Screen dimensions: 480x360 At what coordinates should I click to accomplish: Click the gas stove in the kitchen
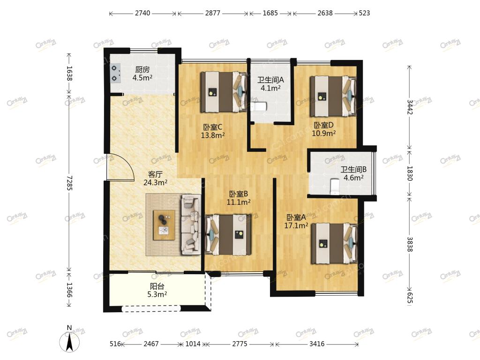pos(115,74)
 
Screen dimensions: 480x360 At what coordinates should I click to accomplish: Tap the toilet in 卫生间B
pos(335,187)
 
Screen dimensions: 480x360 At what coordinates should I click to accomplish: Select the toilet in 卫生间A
pos(259,107)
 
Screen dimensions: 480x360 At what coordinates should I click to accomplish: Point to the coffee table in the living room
pos(165,225)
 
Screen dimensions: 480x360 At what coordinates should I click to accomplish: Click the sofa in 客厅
pos(191,225)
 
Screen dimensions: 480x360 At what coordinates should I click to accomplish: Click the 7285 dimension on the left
pos(70,183)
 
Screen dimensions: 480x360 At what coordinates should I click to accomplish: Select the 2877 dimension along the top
pos(212,13)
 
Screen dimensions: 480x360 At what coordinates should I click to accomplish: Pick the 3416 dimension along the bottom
pos(317,344)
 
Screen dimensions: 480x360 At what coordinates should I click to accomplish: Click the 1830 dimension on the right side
pos(410,173)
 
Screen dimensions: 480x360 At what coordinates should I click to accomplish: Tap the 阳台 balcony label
pos(157,286)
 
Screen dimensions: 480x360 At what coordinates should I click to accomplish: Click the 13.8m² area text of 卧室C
pos(213,135)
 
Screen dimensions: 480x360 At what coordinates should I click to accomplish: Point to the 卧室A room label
pos(296,217)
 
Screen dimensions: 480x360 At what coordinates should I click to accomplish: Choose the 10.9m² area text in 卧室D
pos(324,133)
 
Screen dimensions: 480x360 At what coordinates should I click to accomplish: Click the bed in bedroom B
pos(228,235)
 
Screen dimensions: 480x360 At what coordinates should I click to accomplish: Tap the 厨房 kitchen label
pos(142,70)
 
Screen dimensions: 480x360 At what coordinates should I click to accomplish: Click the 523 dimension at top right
pos(364,13)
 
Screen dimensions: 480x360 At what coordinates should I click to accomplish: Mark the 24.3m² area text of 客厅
pos(156,182)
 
